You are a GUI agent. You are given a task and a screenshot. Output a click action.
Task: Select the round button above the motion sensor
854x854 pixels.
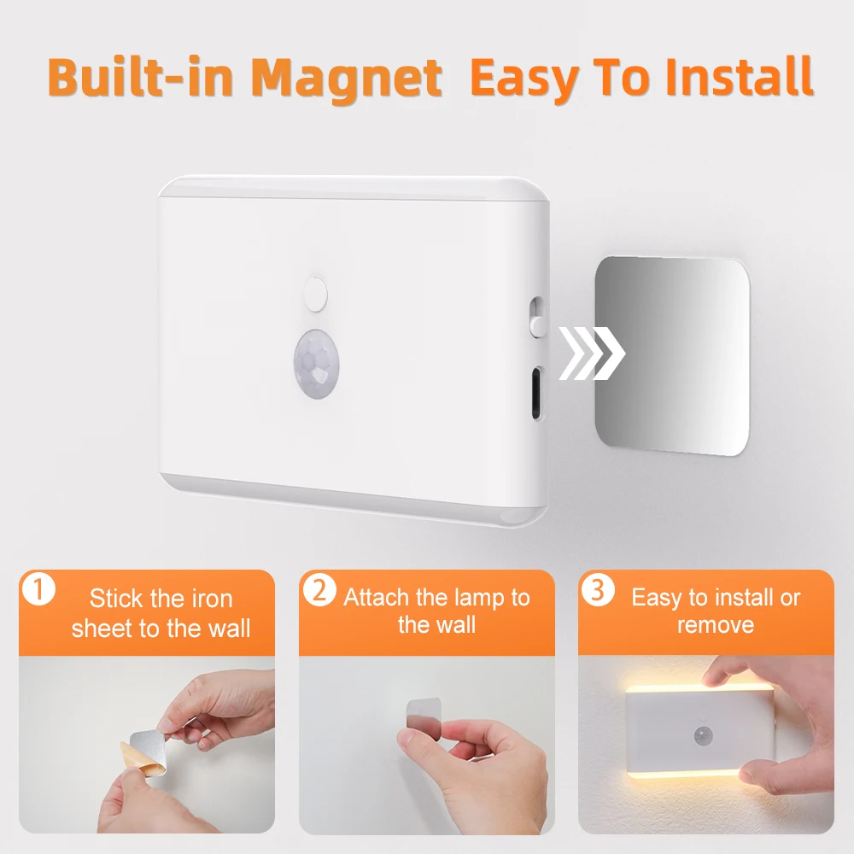315,293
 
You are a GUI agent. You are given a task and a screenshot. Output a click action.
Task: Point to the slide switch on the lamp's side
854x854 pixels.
536,316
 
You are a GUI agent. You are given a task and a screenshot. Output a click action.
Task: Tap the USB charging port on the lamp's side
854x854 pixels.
535,392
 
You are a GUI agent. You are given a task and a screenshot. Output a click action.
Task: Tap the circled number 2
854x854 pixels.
319,590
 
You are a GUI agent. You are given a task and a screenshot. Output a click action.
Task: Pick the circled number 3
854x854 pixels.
599,590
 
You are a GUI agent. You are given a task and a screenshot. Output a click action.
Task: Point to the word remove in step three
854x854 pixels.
716,626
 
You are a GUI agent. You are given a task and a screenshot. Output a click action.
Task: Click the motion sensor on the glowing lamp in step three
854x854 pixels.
705,734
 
